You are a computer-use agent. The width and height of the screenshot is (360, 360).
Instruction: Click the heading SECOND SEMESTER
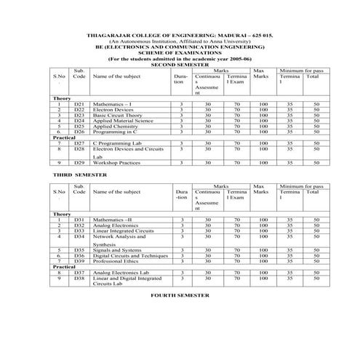point(179,65)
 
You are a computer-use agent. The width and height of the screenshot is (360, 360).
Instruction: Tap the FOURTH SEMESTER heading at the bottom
point(180,296)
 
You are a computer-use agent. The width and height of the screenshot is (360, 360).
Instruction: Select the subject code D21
point(80,105)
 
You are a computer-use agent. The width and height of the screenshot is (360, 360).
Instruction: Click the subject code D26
point(80,132)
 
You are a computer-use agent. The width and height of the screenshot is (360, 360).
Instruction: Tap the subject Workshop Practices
point(120,162)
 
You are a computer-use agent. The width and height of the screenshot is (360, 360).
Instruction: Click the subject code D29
point(80,162)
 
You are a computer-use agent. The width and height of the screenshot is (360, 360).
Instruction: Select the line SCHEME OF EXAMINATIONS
point(179,52)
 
